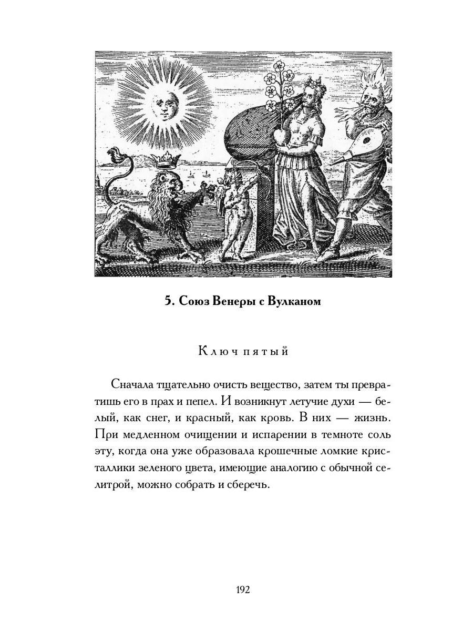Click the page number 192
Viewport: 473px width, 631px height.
pyautogui.click(x=243, y=589)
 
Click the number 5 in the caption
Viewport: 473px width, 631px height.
pyautogui.click(x=168, y=301)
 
